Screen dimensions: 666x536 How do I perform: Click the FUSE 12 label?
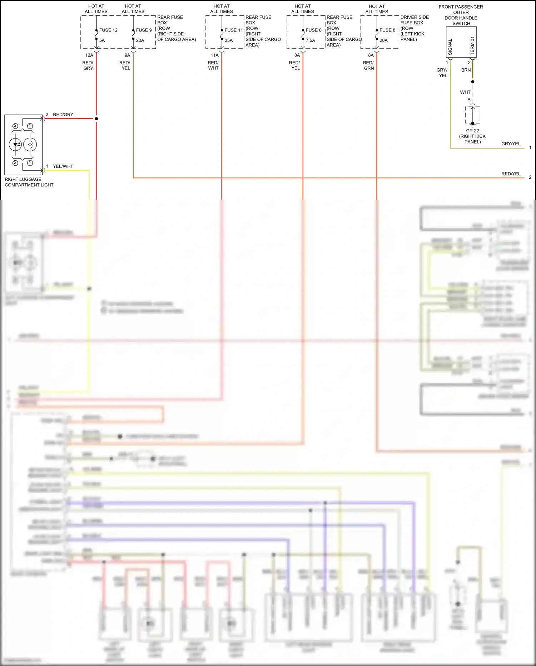pos(108,30)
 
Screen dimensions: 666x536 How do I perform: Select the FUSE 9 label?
pos(144,30)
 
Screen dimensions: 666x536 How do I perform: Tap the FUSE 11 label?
pos(233,30)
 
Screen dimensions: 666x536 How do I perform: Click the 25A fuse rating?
pos(229,40)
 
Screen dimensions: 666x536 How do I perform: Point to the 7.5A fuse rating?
pos(310,40)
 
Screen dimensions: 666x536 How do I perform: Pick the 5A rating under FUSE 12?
pos(102,40)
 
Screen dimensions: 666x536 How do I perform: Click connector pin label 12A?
pos(89,55)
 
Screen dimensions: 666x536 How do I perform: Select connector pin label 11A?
pos(214,55)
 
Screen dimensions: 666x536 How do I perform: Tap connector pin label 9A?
pos(127,55)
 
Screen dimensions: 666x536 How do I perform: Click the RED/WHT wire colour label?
pos(213,65)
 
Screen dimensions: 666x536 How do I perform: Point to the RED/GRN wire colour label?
pos(368,65)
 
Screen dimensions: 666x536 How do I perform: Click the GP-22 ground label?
pos(472,131)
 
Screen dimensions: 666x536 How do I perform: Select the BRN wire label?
pos(466,70)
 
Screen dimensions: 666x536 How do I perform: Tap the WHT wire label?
pos(465,92)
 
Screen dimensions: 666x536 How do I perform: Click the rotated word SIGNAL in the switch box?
pos(450,47)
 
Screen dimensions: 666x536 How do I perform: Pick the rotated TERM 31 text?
pos(472,46)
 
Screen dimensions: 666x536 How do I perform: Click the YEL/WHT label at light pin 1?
pos(63,166)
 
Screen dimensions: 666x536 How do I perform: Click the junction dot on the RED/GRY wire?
pos(96,118)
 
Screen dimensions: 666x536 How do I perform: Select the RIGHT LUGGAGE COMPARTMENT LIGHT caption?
pos(29,182)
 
